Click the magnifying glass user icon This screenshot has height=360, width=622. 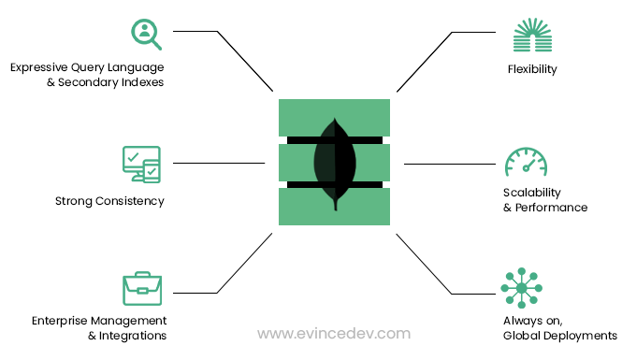(x=145, y=34)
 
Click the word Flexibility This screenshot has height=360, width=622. (x=532, y=69)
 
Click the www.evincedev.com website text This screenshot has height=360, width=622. (x=334, y=333)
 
